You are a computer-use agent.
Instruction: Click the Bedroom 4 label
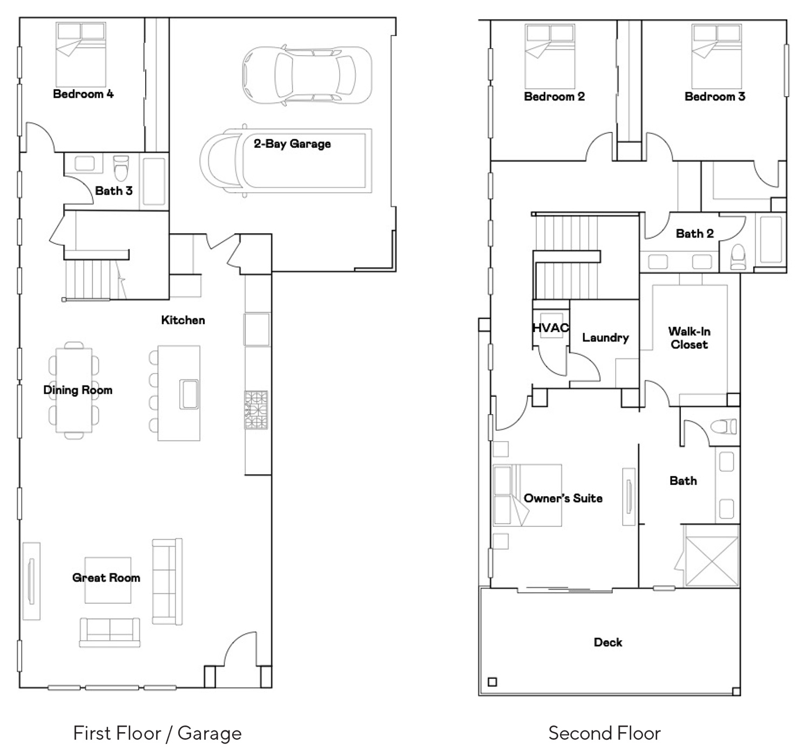pyautogui.click(x=83, y=94)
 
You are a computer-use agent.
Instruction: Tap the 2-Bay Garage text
pyautogui.click(x=292, y=144)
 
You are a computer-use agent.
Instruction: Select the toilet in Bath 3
pyautogui.click(x=121, y=168)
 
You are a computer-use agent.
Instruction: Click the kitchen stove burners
pyautogui.click(x=256, y=410)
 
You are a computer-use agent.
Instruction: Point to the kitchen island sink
pyautogui.click(x=189, y=394)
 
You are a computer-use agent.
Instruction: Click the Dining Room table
pyautogui.click(x=74, y=390)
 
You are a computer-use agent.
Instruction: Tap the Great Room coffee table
pyautogui.click(x=108, y=580)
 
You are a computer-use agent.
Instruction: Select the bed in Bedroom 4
pyautogui.click(x=81, y=54)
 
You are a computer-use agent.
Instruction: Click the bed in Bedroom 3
pyautogui.click(x=717, y=56)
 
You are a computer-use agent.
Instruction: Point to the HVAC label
pyautogui.click(x=551, y=328)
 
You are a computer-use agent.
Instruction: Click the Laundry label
pyautogui.click(x=605, y=338)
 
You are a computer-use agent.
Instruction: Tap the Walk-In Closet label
pyautogui.click(x=689, y=338)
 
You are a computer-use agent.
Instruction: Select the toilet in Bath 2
pyautogui.click(x=738, y=256)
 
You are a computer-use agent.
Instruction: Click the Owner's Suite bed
pyautogui.click(x=528, y=495)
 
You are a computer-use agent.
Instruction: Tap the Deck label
pyautogui.click(x=608, y=642)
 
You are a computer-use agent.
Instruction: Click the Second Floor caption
pyautogui.click(x=604, y=733)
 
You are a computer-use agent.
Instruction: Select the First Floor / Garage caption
pyautogui.click(x=158, y=733)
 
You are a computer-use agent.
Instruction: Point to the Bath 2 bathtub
pyautogui.click(x=771, y=240)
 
